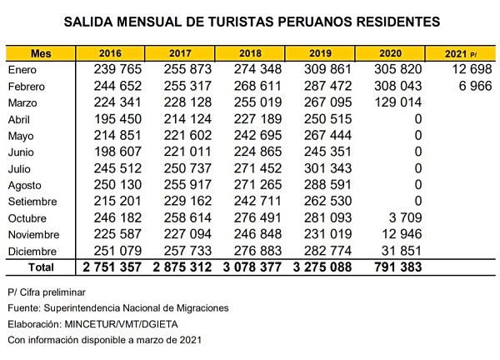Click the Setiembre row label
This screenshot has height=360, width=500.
[33, 202]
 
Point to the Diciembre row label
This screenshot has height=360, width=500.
[34, 251]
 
